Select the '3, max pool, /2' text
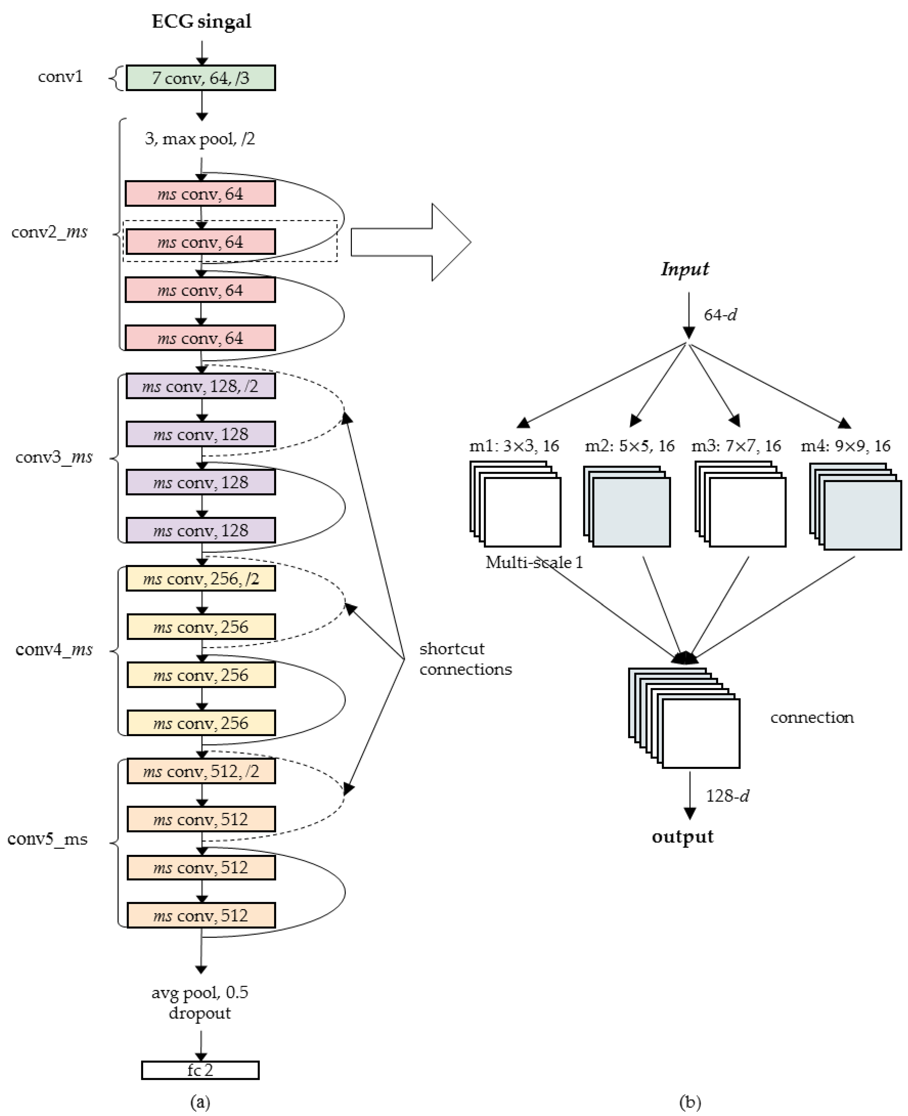(200, 139)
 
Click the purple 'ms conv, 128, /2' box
(201, 386)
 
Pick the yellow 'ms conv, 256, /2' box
(201, 579)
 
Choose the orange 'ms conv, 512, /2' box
(201, 771)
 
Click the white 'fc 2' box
(200, 1070)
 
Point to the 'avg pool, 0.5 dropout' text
(200, 1002)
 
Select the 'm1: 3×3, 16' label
(514, 446)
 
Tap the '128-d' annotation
(727, 796)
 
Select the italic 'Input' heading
(685, 269)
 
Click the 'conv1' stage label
(60, 77)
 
